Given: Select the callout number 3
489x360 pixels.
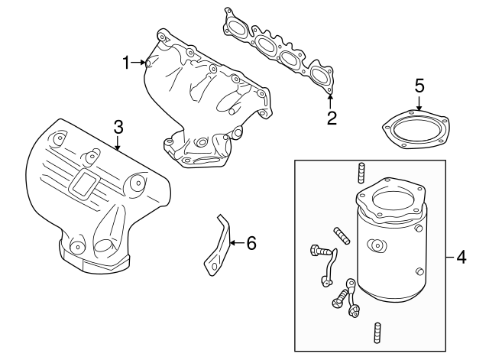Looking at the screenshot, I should coord(118,125).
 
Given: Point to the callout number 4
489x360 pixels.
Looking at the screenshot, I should coord(461,257).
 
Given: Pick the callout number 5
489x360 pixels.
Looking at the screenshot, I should coord(419,85).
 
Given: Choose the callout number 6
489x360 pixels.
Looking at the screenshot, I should coord(251,244).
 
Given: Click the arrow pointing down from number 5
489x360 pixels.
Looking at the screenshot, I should coord(419,107).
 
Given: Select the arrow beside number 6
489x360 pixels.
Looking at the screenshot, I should coord(235,244).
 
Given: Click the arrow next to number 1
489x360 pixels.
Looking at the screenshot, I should coord(144,63).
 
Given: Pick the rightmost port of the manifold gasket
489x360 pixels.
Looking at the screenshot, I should coord(321,73).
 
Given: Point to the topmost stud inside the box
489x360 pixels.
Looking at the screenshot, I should coord(359,172).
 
